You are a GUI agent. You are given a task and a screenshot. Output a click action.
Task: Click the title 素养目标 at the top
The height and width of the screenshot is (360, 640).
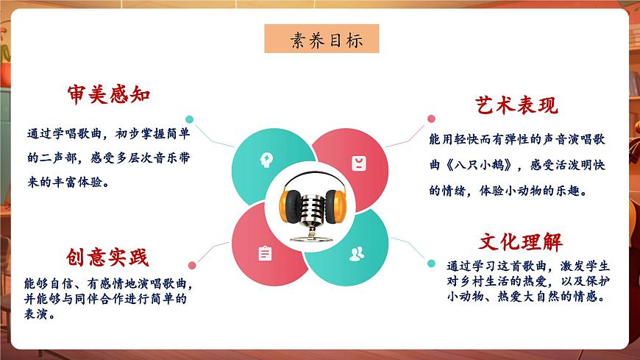click(321, 39)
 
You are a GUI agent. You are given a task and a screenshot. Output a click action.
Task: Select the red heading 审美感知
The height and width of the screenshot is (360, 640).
click(109, 95)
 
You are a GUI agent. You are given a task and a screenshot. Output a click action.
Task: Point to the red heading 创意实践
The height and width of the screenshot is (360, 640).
click(107, 257)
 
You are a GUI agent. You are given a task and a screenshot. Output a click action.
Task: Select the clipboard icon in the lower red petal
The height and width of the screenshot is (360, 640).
click(265, 253)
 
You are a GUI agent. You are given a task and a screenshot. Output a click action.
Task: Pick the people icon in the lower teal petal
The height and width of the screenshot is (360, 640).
click(357, 254)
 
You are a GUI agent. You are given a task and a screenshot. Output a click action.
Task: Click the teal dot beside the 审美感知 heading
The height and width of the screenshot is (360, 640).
click(189, 119)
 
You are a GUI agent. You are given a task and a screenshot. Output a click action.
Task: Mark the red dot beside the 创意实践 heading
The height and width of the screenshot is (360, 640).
click(192, 265)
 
